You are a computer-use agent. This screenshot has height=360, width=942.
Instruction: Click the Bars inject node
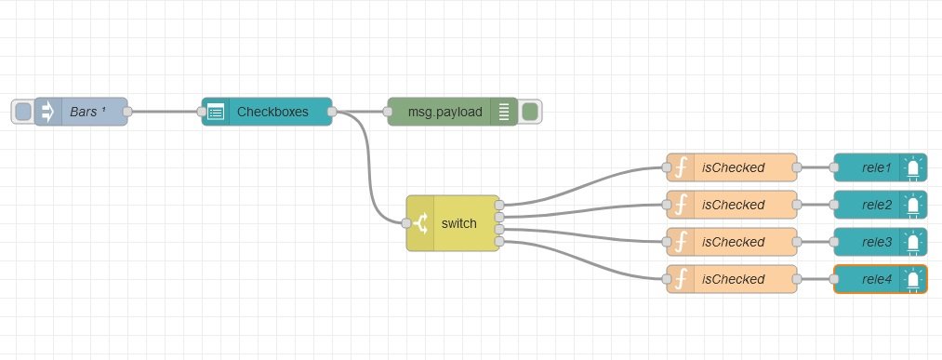(81, 112)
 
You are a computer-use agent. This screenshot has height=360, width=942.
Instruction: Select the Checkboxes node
(267, 112)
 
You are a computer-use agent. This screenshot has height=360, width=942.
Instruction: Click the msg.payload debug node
(452, 112)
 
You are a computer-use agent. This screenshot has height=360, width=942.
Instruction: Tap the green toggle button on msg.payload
(530, 112)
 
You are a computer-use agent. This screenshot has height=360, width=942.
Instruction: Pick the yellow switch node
(453, 223)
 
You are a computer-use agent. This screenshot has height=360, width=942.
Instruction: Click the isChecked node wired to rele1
(732, 167)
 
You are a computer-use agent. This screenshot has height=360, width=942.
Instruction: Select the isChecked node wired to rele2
(732, 205)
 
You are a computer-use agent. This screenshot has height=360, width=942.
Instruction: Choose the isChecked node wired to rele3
(732, 242)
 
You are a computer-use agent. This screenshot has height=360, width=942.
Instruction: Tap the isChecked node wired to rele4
(732, 279)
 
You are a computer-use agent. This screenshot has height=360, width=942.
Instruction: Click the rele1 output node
(881, 167)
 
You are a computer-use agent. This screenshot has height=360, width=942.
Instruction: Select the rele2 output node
(881, 205)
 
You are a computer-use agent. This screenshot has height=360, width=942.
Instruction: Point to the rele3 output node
(881, 242)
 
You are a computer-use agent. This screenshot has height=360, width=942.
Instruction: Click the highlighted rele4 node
(881, 279)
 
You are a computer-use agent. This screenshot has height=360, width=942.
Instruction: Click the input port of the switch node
(406, 223)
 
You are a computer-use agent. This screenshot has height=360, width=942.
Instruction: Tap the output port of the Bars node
(127, 112)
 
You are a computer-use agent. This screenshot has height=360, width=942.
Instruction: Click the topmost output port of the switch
(499, 205)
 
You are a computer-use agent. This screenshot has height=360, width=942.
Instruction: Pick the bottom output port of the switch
(499, 242)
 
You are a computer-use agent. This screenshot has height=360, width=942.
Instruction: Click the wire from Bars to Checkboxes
(165, 112)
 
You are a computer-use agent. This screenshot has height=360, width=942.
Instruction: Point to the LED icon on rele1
(913, 168)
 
